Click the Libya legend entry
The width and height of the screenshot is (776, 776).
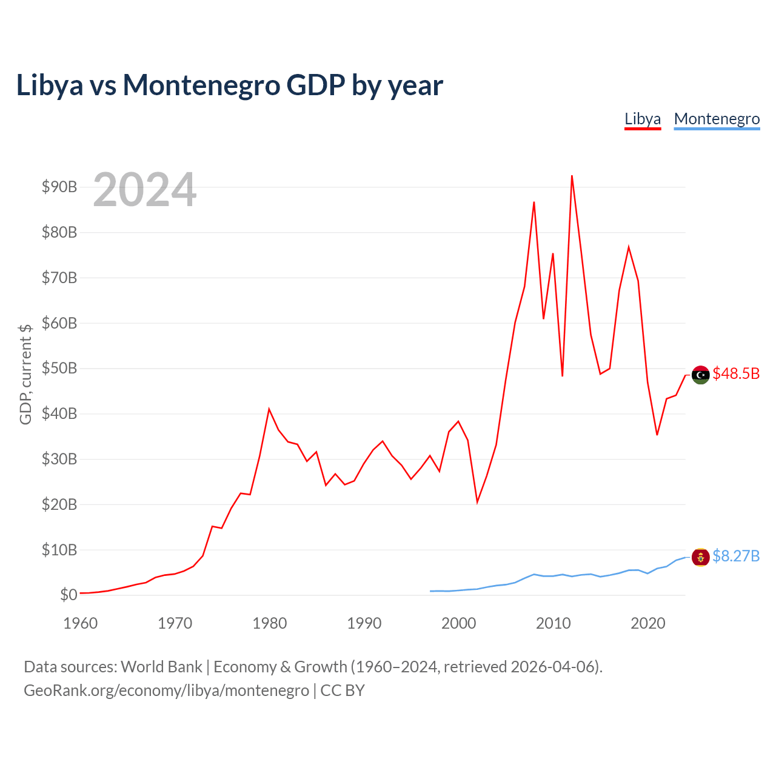(642, 119)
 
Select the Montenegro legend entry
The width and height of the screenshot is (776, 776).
(717, 119)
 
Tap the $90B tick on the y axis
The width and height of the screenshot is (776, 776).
(59, 187)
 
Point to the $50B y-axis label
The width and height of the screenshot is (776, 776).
(59, 368)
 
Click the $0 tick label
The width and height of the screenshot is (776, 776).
(69, 595)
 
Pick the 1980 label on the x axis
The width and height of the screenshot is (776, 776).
(269, 623)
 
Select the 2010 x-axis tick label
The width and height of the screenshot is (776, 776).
(553, 623)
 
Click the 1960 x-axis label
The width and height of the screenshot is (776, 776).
(80, 623)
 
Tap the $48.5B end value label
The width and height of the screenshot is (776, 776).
(736, 373)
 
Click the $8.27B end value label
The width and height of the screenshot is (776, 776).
(736, 556)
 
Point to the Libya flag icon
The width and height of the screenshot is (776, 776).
(700, 375)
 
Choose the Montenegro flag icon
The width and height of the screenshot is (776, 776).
(700, 557)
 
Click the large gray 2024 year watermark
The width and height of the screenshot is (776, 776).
(144, 189)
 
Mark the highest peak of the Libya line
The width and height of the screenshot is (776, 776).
(572, 176)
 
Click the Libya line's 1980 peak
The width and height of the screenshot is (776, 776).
(269, 410)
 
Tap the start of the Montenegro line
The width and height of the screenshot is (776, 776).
(430, 591)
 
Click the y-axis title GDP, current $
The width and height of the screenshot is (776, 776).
(25, 374)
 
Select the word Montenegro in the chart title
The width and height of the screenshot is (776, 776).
(201, 85)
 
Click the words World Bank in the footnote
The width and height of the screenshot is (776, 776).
(161, 667)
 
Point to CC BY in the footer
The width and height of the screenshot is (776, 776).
(343, 691)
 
